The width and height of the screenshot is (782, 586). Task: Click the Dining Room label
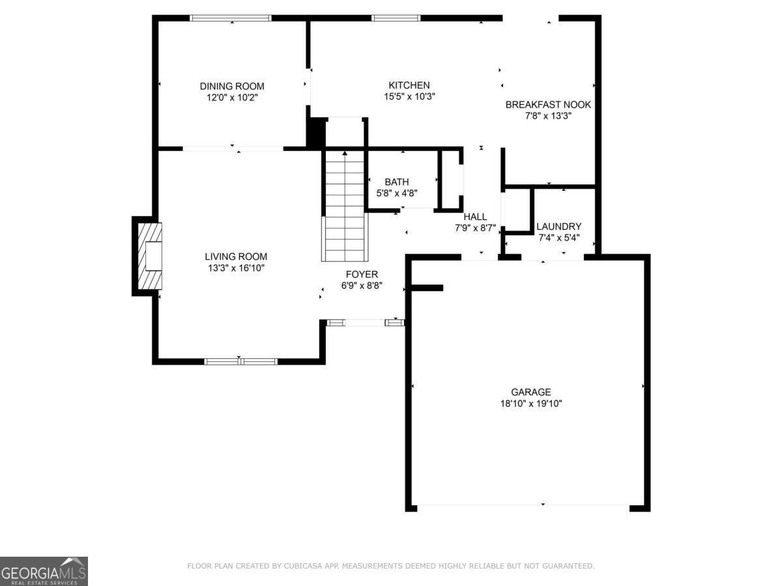click(x=232, y=86)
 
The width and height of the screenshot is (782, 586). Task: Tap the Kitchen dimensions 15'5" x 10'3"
click(x=409, y=96)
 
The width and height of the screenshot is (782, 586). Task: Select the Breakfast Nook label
click(x=548, y=104)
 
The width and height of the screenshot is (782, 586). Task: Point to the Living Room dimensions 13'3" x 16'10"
click(x=236, y=268)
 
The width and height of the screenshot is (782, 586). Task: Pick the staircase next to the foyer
click(x=344, y=205)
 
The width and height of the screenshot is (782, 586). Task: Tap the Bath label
click(x=396, y=182)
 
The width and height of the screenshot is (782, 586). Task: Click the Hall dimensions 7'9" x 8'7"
click(x=475, y=228)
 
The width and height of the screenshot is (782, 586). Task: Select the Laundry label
click(x=558, y=227)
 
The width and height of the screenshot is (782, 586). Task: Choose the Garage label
click(x=530, y=392)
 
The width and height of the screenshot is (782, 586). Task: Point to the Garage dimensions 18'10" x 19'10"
click(x=530, y=404)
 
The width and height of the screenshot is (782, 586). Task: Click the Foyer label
click(x=361, y=274)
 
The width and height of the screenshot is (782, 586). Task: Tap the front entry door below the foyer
click(x=365, y=322)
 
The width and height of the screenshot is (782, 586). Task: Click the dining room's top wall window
click(x=230, y=18)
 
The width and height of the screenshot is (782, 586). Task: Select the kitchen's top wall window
click(x=396, y=18)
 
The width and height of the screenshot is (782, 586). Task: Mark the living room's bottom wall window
click(x=240, y=361)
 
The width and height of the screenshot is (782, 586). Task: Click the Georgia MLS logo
click(x=44, y=571)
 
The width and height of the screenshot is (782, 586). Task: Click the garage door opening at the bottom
click(x=523, y=506)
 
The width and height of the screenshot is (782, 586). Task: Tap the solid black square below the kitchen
click(x=315, y=133)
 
